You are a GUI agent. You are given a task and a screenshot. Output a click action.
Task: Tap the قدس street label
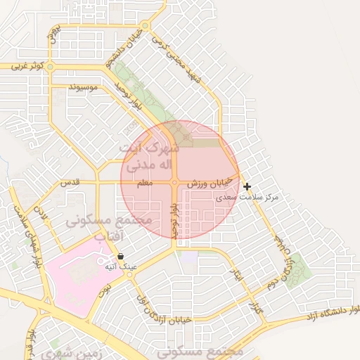pyautogui.click(x=70, y=182)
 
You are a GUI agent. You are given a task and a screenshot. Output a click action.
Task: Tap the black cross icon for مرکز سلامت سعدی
pyautogui.click(x=247, y=186)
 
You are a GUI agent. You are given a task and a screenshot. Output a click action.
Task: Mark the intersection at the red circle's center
pyautogui.click(x=174, y=183)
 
